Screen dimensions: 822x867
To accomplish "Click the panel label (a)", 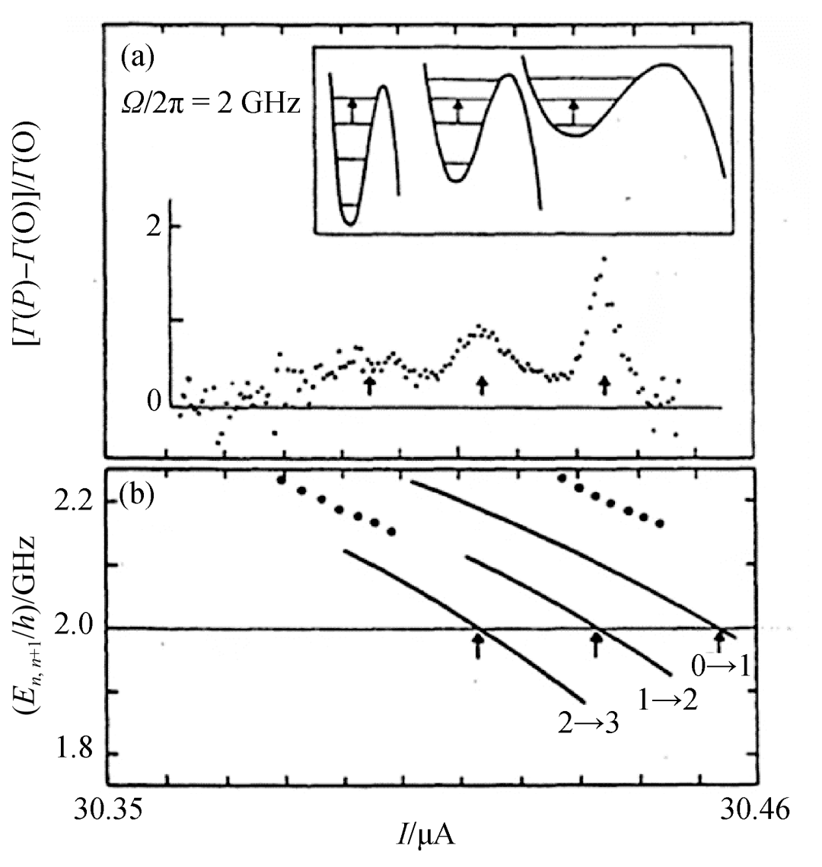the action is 137,58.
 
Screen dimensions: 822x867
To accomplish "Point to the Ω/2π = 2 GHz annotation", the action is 210,103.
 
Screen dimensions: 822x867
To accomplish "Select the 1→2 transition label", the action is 667,700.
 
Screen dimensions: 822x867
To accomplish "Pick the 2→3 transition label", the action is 588,723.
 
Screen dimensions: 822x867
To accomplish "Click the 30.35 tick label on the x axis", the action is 109,810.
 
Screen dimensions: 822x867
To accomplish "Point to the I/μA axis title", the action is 425,836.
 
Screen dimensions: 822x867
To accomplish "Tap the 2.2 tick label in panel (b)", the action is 75,501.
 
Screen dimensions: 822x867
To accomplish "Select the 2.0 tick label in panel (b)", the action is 75,627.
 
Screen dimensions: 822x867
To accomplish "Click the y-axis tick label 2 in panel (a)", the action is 153,227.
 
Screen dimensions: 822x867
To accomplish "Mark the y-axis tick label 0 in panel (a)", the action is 154,401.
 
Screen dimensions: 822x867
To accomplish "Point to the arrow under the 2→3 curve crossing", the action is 478,646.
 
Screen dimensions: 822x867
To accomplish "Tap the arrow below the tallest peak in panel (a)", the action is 604,385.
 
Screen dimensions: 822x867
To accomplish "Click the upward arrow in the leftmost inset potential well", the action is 352,110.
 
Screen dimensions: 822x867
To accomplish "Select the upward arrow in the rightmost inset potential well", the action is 574,112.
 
